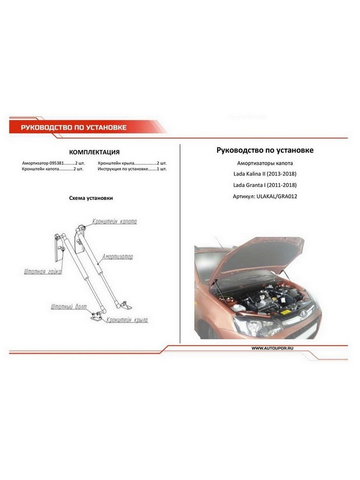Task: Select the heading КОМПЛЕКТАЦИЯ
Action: [x=94, y=152]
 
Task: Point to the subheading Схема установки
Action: [x=91, y=198]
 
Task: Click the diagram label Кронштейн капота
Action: [x=115, y=221]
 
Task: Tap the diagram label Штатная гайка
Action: [x=42, y=272]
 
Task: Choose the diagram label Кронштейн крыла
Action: [x=127, y=320]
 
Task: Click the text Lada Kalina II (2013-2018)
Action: [x=265, y=174]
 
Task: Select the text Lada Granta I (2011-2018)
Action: [x=265, y=185]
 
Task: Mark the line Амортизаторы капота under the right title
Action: [x=265, y=163]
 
